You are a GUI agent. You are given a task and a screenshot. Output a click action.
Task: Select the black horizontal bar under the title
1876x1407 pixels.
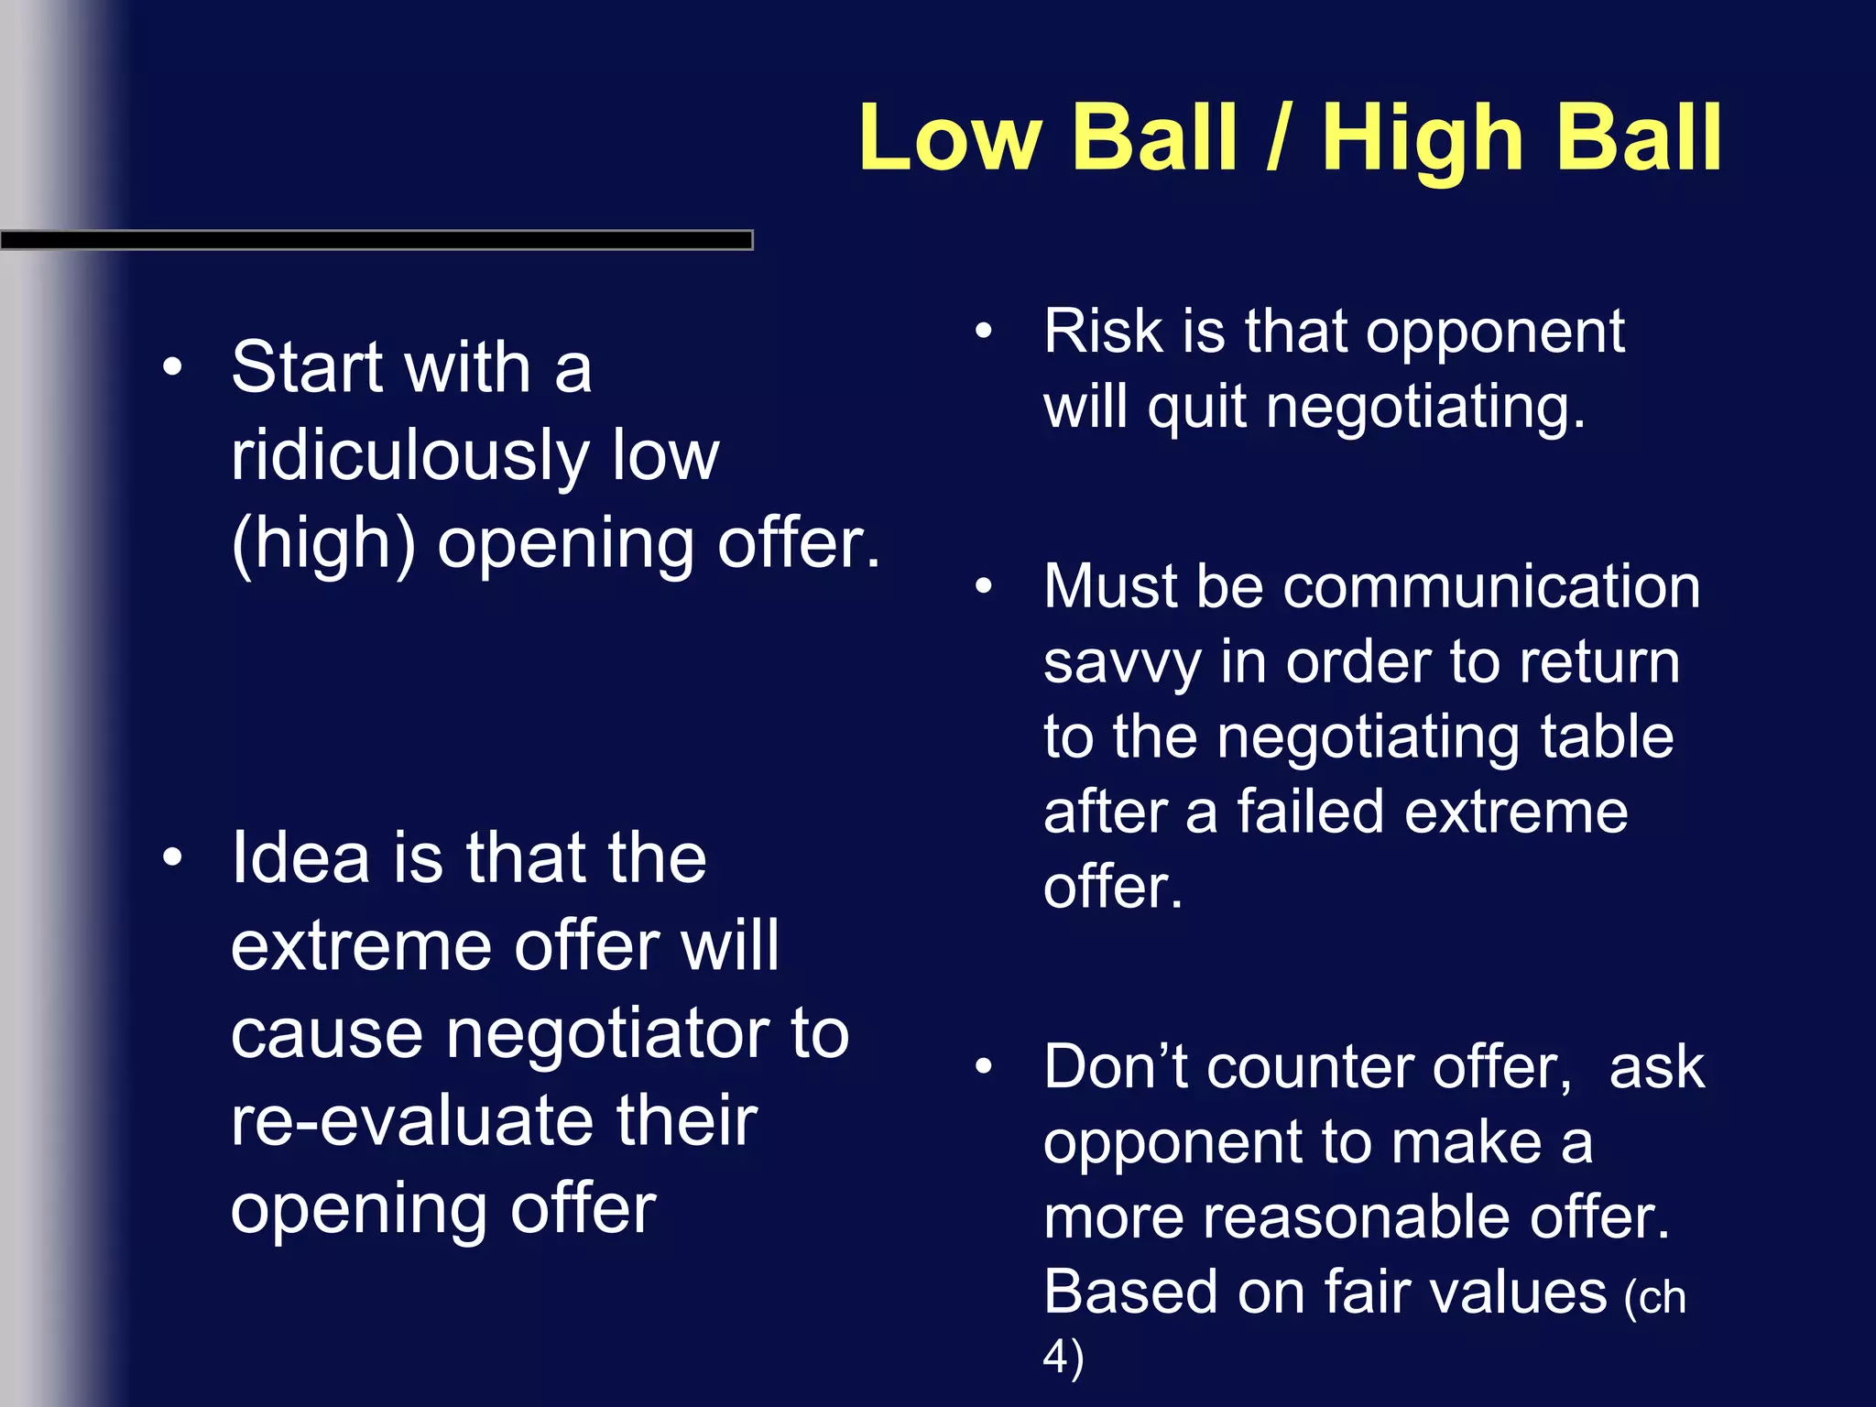tap(376, 240)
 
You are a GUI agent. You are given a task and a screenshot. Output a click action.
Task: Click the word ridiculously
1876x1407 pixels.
tap(408, 455)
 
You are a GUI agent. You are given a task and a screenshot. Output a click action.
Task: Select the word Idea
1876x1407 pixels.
tap(300, 858)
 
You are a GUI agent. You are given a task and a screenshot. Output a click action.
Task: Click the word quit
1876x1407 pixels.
tap(1196, 409)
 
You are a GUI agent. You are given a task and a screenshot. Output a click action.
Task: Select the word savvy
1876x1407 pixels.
tap(1122, 663)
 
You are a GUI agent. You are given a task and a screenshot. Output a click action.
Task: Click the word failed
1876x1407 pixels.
tap(1310, 813)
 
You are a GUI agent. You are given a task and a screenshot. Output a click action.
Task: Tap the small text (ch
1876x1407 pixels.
tap(1654, 1298)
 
